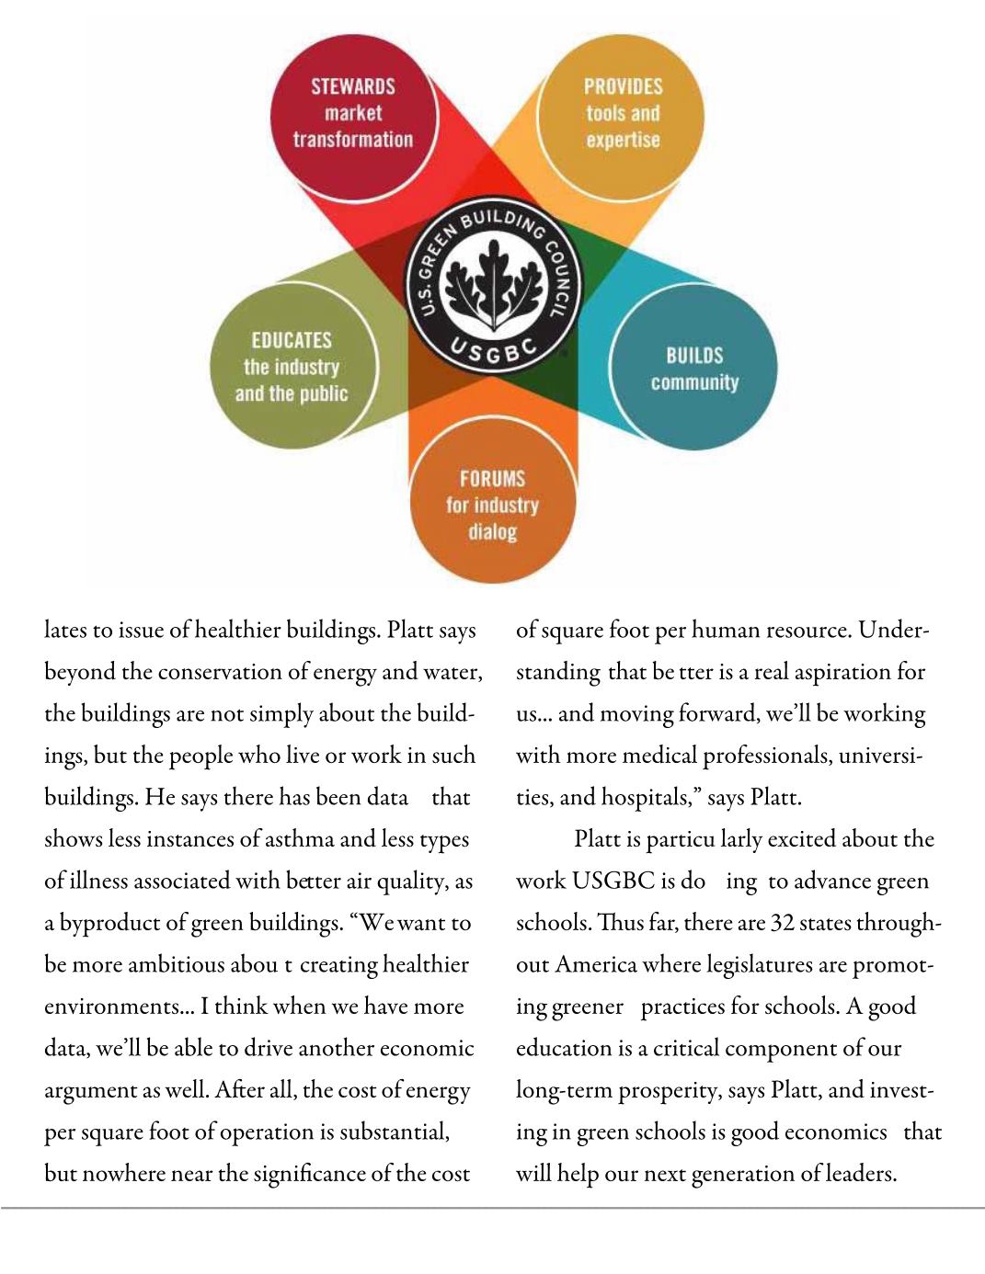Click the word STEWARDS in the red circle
(352, 86)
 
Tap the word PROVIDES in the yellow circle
(623, 86)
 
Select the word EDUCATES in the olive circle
(292, 340)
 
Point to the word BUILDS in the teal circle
(694, 356)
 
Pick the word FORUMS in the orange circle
(492, 479)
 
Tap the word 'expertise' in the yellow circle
(623, 140)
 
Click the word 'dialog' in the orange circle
(492, 532)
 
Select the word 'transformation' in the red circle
(352, 140)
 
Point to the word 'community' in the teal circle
(694, 382)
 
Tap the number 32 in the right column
(781, 923)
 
